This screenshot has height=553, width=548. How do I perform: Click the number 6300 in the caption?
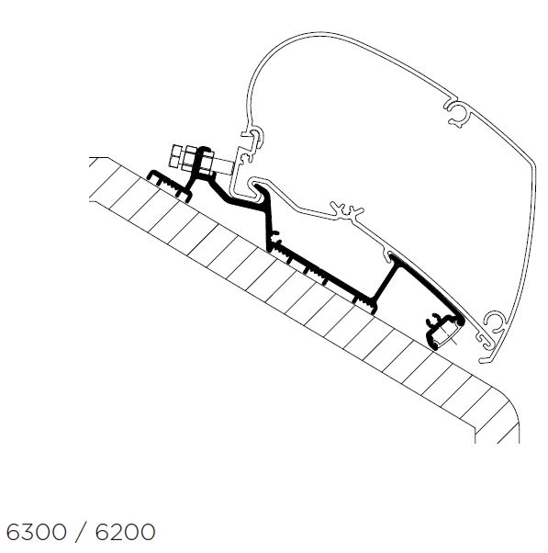click(x=37, y=532)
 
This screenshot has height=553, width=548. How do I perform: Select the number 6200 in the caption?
click(x=126, y=532)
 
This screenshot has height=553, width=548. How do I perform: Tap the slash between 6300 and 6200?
click(x=81, y=532)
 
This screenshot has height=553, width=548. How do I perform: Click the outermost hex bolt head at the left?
click(x=175, y=155)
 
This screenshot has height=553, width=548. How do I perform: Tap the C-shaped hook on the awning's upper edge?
click(x=457, y=113)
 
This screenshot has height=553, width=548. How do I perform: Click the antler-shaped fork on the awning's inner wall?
click(x=347, y=211)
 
